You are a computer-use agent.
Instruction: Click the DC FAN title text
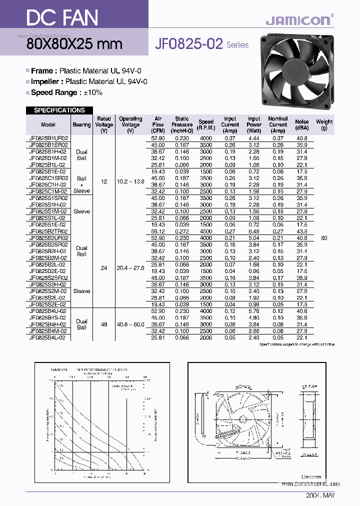[x=55, y=18]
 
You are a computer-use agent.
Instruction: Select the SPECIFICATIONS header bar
[x=59, y=110]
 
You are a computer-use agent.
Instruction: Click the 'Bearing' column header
[x=81, y=124]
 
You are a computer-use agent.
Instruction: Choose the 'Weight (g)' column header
[x=324, y=124]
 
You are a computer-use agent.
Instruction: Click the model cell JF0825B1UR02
[x=48, y=138]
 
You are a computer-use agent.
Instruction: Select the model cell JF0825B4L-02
[x=48, y=337]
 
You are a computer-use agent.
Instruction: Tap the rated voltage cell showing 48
[x=104, y=324]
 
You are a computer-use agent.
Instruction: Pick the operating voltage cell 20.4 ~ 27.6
[x=130, y=268]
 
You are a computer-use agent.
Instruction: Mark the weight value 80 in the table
[x=324, y=238]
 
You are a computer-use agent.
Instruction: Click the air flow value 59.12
[x=157, y=231]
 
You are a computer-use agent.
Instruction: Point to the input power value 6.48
[x=254, y=231]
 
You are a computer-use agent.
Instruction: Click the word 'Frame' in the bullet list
[x=41, y=71]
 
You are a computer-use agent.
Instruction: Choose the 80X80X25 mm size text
[x=74, y=43]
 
